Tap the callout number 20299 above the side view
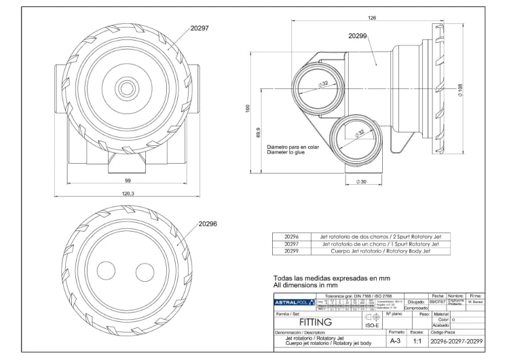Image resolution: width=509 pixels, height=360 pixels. (x=358, y=35)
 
